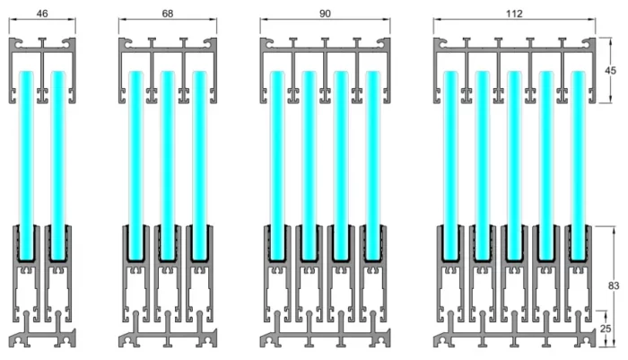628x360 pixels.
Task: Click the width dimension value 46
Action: coord(42,13)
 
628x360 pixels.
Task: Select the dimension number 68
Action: coord(168,13)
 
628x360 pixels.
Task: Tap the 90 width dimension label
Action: coord(325,13)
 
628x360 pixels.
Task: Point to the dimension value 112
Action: coord(514,13)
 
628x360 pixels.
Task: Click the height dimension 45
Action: coord(610,71)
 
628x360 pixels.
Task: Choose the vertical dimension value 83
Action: coord(613,285)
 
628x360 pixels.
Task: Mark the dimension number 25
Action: coord(606,329)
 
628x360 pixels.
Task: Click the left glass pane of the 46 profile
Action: coord(26,165)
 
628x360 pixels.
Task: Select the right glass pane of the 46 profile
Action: coord(58,165)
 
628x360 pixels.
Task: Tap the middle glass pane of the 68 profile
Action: coord(168,165)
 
